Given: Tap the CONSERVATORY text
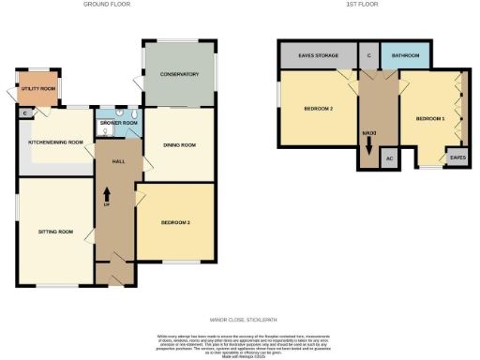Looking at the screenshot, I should pos(179,74).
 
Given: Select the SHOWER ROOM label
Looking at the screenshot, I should pos(119,123).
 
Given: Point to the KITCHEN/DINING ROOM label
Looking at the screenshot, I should pos(56,142).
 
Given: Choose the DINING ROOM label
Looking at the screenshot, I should pos(179,145).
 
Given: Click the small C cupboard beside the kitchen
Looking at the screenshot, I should pos(22,113).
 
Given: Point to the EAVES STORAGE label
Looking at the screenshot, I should pos(318,56).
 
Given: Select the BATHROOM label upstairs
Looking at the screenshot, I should pos(405,56).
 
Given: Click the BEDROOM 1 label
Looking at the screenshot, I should pos(429,118).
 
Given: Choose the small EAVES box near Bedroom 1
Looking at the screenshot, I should pos(457,158).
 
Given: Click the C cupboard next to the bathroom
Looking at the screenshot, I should pos(369,56).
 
